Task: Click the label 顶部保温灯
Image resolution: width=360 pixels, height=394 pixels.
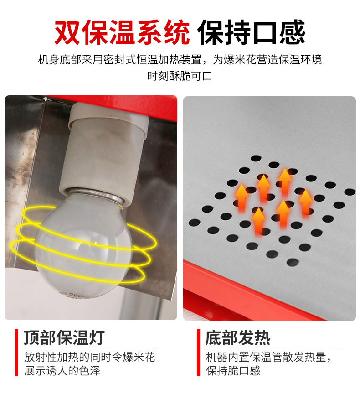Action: [64, 337]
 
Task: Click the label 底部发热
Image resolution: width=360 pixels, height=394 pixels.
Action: [238, 337]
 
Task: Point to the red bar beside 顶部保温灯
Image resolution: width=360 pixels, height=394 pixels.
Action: [16, 353]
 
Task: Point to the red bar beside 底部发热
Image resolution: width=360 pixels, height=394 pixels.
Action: [198, 353]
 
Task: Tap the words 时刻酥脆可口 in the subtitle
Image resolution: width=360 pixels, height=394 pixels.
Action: [180, 76]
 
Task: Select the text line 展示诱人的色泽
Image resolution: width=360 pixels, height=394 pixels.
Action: [62, 370]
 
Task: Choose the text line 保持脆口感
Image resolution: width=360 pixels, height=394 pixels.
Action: [233, 370]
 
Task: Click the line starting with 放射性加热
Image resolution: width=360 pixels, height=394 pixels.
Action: [89, 357]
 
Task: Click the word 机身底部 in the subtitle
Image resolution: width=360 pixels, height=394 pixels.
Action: [57, 60]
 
